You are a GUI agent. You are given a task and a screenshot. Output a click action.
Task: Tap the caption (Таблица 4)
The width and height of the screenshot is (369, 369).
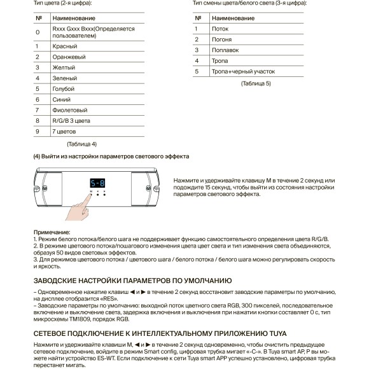(x=81, y=144)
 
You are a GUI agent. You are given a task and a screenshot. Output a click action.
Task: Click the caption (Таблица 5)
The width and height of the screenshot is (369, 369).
(x=255, y=83)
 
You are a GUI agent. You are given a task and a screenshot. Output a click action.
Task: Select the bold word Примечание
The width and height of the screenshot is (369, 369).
(x=52, y=232)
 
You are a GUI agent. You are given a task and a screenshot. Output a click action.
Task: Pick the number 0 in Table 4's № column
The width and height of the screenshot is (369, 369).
(x=38, y=32)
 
